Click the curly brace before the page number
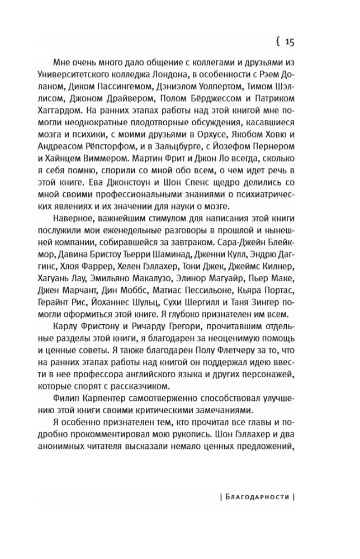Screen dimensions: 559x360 (277, 41)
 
